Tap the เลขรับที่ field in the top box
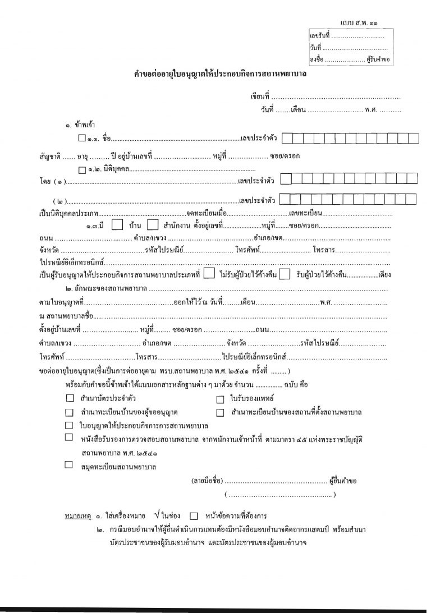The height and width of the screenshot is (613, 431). tap(357, 36)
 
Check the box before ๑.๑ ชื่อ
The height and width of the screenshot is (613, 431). tap(82, 138)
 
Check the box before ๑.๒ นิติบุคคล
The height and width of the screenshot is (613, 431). tap(82, 169)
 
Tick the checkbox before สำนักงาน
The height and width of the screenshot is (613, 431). tap(152, 225)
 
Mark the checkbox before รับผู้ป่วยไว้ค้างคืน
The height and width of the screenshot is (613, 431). tap(285, 274)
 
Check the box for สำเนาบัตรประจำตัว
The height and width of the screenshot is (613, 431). tap(70, 399)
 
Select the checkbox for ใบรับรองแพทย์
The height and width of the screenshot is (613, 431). tap(220, 399)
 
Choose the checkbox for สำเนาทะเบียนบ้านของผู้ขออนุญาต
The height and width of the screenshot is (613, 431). tap(70, 412)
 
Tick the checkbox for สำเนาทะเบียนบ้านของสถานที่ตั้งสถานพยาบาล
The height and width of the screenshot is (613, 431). tap(220, 412)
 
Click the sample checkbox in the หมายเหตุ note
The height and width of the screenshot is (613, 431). tap(194, 516)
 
